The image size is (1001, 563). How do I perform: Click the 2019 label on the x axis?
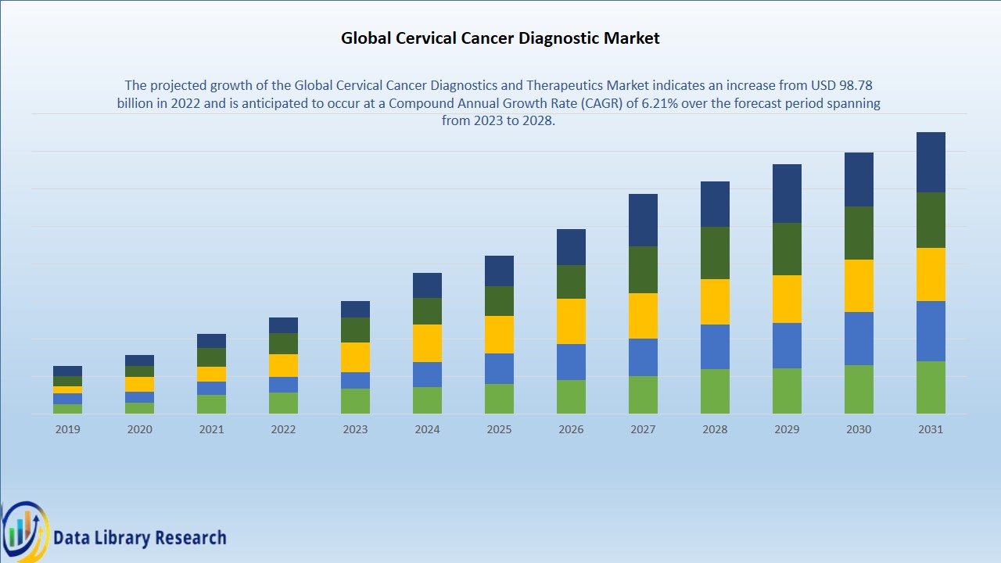pos(67,429)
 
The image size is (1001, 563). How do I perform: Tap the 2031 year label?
pos(931,429)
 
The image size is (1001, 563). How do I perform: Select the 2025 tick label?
pos(499,429)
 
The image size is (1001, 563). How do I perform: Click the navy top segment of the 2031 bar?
pos(931,162)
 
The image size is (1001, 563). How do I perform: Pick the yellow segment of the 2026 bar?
pos(571,321)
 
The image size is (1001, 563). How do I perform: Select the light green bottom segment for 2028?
pos(715,392)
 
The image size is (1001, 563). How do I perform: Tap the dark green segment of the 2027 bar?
pos(643,270)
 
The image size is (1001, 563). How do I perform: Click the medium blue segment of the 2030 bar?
pos(859,339)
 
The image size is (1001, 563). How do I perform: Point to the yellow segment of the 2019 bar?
pos(67,389)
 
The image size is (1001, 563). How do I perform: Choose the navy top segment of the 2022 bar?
pos(283,325)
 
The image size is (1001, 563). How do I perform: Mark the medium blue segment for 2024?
pos(427,375)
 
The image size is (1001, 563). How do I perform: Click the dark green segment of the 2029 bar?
pos(787,249)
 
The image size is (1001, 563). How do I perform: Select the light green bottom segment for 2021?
pos(211,404)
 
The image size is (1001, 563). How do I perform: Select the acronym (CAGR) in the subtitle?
pos(601,103)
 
